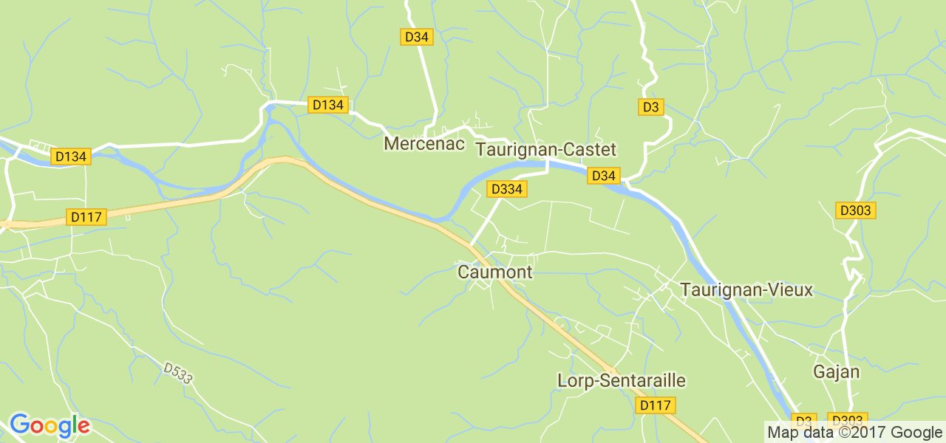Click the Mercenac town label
click(424, 144)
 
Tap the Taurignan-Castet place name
click(546, 150)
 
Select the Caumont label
click(494, 272)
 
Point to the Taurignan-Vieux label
click(746, 290)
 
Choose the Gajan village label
click(836, 371)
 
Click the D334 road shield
click(506, 190)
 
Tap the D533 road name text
click(178, 373)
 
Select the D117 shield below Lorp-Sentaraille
click(656, 405)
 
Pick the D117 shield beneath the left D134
click(87, 217)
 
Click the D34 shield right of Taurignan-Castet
click(604, 176)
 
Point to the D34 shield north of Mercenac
click(417, 37)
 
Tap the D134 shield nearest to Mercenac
click(328, 105)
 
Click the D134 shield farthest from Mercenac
click(72, 157)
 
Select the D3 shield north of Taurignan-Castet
click(650, 107)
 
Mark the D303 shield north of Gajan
click(855, 210)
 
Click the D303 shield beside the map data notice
click(846, 419)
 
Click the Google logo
click(50, 426)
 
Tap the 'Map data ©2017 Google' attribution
click(854, 433)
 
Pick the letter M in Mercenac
click(390, 144)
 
